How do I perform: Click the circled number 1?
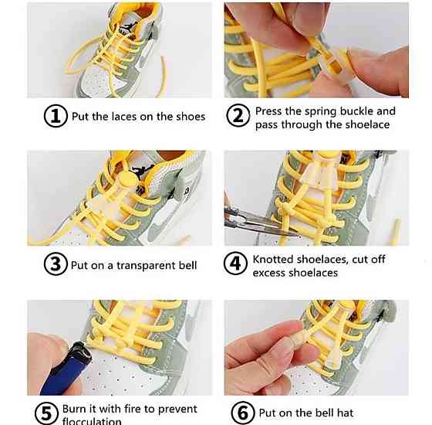[x=56, y=116]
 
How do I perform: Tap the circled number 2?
[x=238, y=115]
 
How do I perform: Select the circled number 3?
[x=56, y=264]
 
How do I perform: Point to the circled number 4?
[x=235, y=263]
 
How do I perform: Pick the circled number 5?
[x=46, y=413]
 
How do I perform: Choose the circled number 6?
[x=243, y=413]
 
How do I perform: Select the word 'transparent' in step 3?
[x=147, y=266]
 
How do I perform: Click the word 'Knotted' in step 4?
[x=273, y=259]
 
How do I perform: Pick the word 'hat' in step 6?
[x=346, y=413]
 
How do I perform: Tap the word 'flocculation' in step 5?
[x=92, y=421]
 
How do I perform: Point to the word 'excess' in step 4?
[x=268, y=273]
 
